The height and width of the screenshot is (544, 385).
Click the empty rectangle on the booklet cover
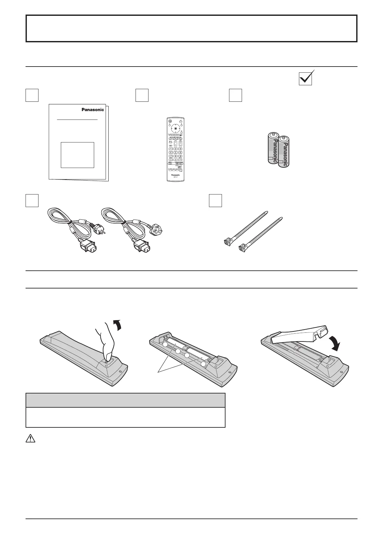click(x=77, y=155)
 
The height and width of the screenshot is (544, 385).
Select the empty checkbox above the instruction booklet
click(x=32, y=95)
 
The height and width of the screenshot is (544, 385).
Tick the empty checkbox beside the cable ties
click(x=215, y=200)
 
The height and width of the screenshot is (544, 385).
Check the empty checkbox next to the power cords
click(x=32, y=200)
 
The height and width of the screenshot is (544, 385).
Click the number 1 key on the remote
click(x=171, y=149)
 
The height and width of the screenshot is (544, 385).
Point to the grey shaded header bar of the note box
click(x=125, y=400)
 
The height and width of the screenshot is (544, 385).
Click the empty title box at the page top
click(x=191, y=28)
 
